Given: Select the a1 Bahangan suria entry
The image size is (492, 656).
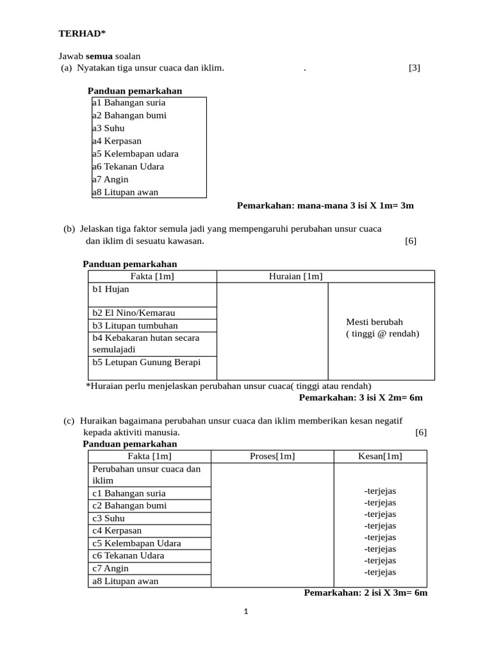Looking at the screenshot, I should [129, 102].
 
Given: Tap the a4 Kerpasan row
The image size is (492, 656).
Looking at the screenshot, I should [117, 141].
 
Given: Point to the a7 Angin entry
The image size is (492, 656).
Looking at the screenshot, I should [110, 179].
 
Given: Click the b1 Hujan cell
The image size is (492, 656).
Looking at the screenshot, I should [111, 290].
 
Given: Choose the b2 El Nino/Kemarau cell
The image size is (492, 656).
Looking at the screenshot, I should [134, 313].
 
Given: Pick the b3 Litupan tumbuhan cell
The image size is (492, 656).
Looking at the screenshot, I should [135, 325].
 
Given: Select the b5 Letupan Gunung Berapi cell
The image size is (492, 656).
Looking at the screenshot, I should [147, 363].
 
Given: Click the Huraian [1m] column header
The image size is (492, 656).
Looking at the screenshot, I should [295, 276].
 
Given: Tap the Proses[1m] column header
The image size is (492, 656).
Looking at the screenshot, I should [272, 456].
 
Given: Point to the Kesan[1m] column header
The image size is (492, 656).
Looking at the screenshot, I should [380, 456].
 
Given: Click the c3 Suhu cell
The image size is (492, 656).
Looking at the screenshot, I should [109, 518].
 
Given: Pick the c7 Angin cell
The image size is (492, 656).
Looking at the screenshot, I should [111, 568].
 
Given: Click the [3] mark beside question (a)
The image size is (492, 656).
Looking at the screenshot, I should [414, 68].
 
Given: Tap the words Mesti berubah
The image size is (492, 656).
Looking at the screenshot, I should [375, 322].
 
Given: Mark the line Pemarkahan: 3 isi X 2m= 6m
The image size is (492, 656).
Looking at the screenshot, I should [361, 397].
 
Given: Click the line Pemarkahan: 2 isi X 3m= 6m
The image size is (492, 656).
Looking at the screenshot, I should [365, 593].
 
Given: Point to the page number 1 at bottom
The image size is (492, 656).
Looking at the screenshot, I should [246, 612].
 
